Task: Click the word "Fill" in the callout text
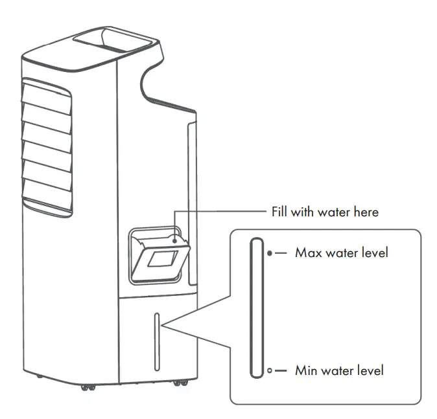pos(280,212)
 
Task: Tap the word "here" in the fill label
pos(364,212)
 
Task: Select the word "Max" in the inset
pos(307,253)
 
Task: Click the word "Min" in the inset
pos(305,370)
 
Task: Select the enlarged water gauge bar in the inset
pos(255,307)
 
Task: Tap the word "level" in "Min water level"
pos(370,370)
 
